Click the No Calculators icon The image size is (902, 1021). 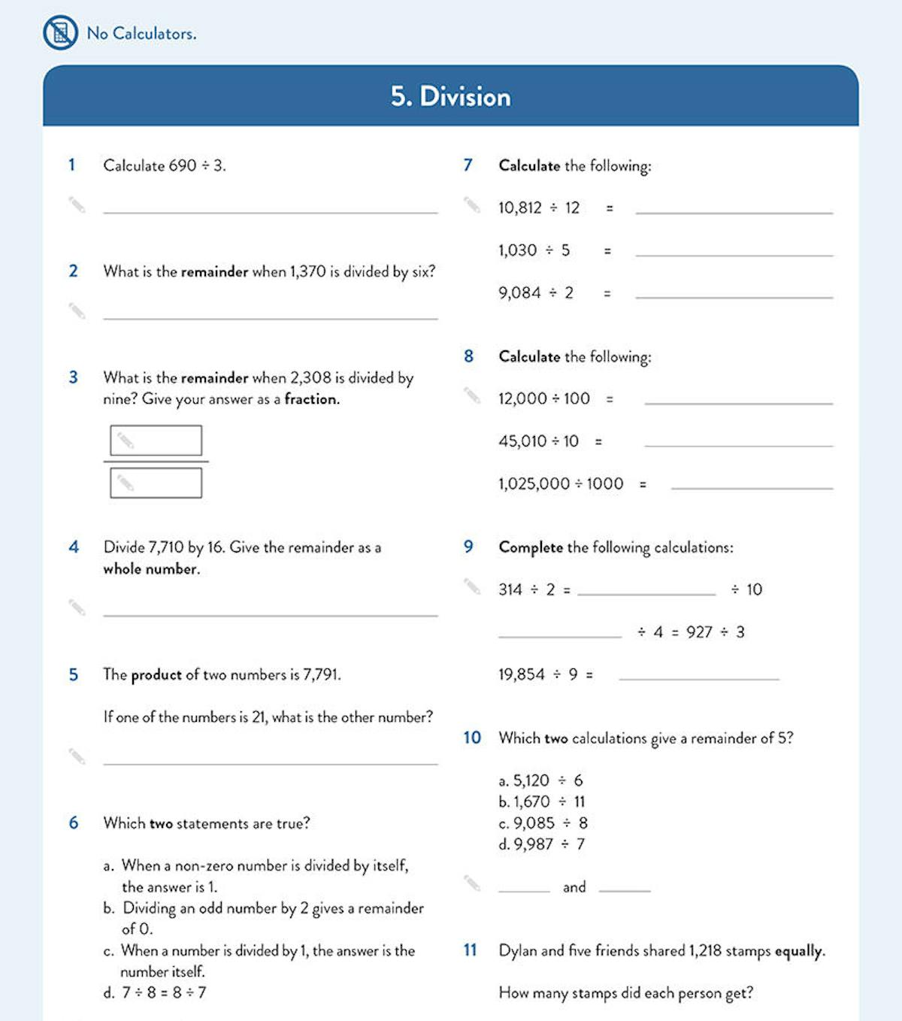tap(60, 33)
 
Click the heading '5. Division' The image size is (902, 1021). tap(450, 96)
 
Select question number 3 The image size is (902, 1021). tap(73, 377)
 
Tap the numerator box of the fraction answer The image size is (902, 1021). tap(156, 441)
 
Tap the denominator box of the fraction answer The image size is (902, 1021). tap(156, 483)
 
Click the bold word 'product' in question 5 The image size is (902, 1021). tap(156, 675)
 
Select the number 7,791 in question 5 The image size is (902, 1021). tap(321, 674)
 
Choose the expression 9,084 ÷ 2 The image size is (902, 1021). tap(535, 292)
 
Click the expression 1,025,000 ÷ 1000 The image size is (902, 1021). tap(561, 483)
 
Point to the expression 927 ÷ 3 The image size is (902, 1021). tap(715, 632)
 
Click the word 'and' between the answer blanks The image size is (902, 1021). tap(574, 887)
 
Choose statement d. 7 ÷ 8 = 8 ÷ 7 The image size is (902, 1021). tap(155, 992)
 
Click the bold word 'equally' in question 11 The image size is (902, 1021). tap(799, 951)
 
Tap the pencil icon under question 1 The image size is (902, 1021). tap(77, 205)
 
